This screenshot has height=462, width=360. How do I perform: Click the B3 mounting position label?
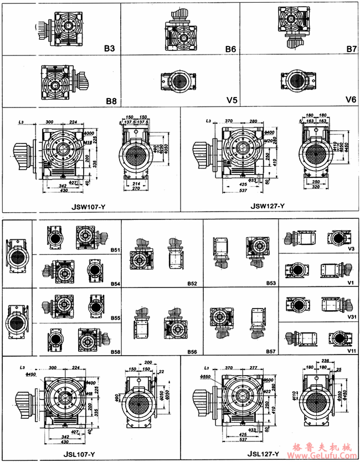click(109, 49)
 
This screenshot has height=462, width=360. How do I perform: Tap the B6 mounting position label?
click(230, 49)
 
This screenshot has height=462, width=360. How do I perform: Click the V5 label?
click(231, 100)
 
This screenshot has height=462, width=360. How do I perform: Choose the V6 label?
click(351, 100)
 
